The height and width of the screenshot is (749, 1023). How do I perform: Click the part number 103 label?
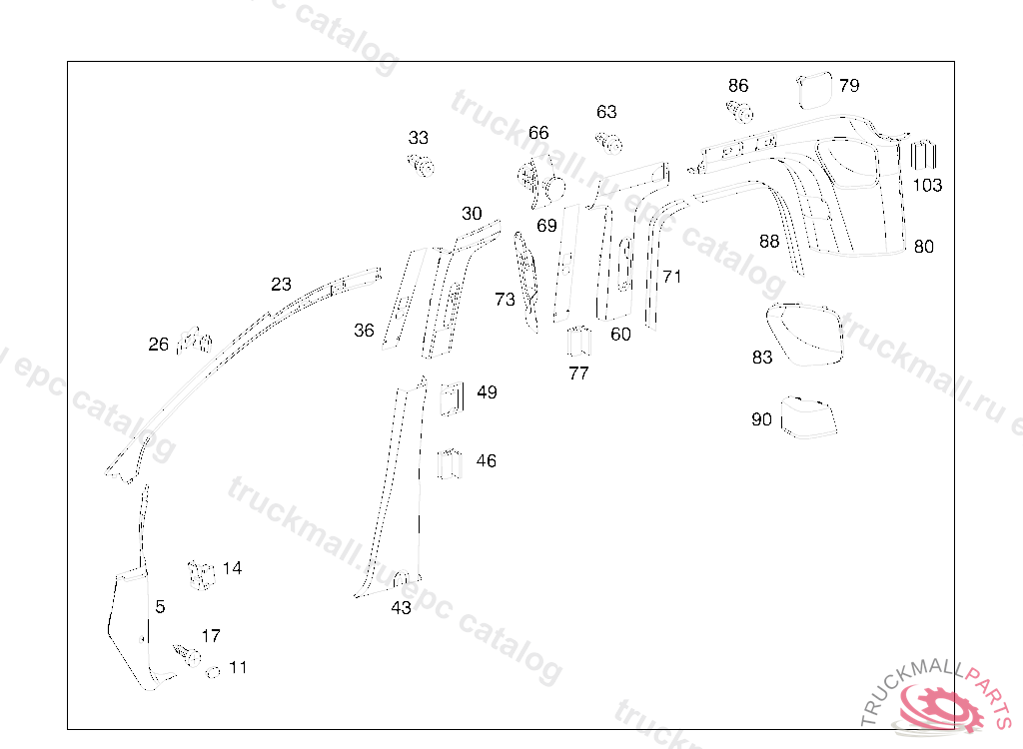click(927, 185)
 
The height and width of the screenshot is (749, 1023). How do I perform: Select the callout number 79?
click(849, 86)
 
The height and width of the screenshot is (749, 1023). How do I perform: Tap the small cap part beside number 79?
click(814, 89)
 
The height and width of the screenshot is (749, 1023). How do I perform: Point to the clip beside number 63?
click(609, 142)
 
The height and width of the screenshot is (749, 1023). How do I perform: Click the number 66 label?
click(538, 133)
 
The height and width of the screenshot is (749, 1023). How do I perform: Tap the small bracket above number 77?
click(578, 343)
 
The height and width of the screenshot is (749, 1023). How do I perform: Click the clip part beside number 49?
click(451, 396)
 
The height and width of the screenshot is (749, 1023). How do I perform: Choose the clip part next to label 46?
click(451, 464)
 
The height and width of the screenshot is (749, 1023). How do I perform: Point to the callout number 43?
click(401, 607)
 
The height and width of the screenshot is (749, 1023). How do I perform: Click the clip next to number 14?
click(201, 574)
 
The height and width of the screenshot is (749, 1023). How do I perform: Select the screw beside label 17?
click(187, 655)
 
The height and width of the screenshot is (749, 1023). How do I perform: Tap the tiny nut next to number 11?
click(212, 671)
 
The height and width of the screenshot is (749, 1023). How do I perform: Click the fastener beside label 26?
click(195, 342)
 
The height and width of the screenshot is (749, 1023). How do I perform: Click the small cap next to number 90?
click(807, 417)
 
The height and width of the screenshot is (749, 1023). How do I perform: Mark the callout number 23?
click(281, 285)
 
